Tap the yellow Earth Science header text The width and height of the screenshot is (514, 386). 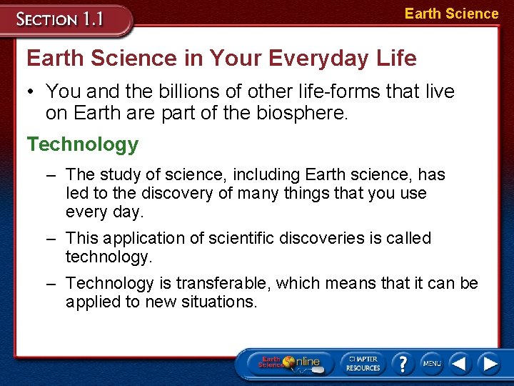pos(451,14)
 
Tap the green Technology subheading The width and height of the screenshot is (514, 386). pos(83,144)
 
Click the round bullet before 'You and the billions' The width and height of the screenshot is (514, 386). pos(34,92)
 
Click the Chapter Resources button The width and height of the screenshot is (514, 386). pos(363,363)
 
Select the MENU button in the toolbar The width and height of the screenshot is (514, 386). pos(431,363)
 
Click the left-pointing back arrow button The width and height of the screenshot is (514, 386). pos(460,363)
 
